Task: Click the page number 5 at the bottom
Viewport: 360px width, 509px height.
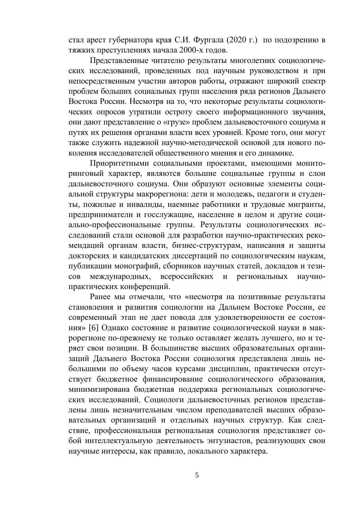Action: point(197,475)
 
